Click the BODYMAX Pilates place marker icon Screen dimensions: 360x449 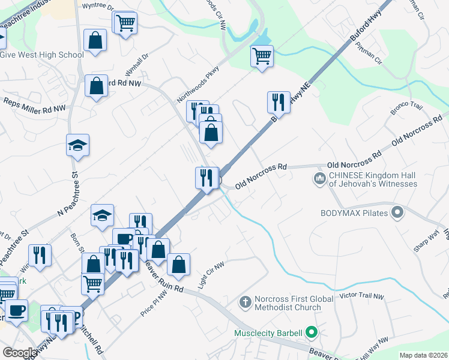(x=396, y=213)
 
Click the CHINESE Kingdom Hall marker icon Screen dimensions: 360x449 (x=319, y=179)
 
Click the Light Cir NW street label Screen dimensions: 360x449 (x=211, y=273)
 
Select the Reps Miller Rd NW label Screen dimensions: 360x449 (x=35, y=105)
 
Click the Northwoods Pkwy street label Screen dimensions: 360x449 (x=198, y=83)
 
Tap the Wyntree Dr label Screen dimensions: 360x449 (x=97, y=7)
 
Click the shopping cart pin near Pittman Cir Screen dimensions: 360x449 (x=262, y=56)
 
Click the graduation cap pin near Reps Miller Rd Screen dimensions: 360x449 (x=78, y=145)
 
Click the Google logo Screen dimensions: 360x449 (x=20, y=353)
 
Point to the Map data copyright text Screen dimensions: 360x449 (x=423, y=355)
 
